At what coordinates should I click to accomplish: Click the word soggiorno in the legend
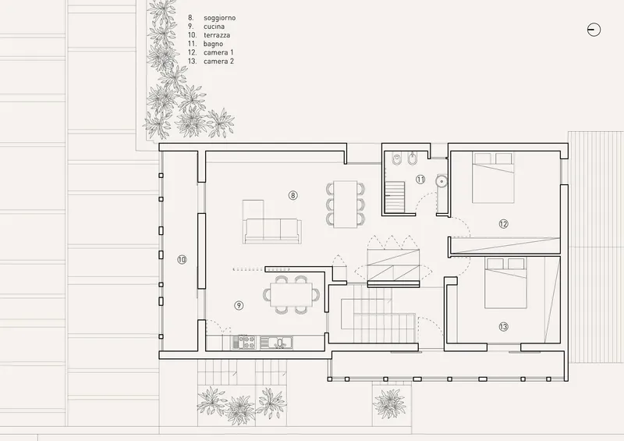tap(220, 18)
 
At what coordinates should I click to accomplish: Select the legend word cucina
tap(214, 27)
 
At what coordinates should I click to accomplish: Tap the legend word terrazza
tap(217, 35)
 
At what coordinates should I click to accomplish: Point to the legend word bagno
tap(213, 44)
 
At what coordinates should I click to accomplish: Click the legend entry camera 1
tap(218, 52)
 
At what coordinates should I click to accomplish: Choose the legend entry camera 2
tap(218, 62)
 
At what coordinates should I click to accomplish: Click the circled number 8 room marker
tap(293, 195)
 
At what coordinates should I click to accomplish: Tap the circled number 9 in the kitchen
tap(239, 305)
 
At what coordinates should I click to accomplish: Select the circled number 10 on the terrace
tap(182, 260)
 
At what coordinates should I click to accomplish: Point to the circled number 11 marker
tap(420, 180)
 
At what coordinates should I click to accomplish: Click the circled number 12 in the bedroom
tap(503, 224)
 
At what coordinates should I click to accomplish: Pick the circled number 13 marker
tap(503, 327)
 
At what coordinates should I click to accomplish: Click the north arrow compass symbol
tap(594, 30)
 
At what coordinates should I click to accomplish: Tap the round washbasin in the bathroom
tap(441, 181)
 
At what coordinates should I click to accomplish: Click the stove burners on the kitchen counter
tap(247, 342)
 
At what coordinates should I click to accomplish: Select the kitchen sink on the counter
tap(277, 342)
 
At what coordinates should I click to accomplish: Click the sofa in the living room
tap(272, 231)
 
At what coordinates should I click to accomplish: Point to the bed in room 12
tap(493, 177)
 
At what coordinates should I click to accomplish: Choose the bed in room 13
tap(505, 283)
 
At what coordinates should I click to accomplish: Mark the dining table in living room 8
tap(345, 204)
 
